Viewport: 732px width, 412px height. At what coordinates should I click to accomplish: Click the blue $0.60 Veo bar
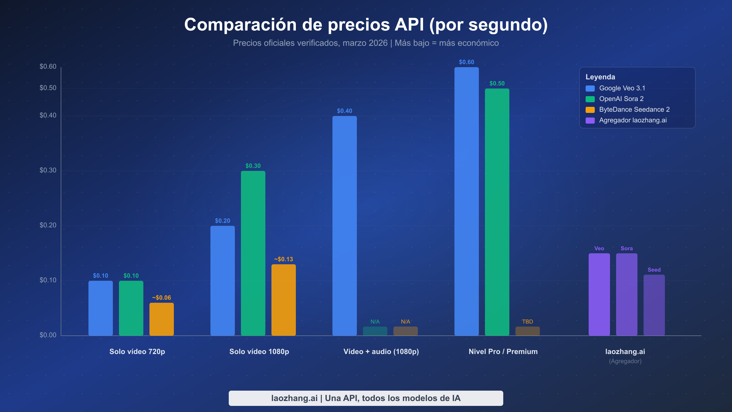466,201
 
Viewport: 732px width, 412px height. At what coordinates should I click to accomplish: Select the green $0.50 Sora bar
497,212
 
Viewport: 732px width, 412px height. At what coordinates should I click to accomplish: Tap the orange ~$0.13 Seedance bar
283,300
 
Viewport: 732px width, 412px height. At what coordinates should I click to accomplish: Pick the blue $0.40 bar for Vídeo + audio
344,226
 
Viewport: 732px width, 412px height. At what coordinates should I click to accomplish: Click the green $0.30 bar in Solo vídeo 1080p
253,253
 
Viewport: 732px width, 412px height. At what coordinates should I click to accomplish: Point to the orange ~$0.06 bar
161,319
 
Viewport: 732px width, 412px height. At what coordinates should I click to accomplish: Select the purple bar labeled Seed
654,305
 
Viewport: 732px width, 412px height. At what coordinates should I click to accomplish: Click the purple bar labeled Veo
599,295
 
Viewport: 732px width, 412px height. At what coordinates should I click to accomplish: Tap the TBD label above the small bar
527,322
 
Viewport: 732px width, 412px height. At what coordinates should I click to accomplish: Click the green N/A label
375,322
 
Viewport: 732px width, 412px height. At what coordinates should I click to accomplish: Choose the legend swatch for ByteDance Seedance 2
590,110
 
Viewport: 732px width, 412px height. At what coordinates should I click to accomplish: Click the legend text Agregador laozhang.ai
633,120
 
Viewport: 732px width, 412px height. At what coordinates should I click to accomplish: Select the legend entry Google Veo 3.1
622,88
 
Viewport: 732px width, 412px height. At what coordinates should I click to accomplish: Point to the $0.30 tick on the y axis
48,170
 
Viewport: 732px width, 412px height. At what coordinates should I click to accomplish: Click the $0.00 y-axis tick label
48,335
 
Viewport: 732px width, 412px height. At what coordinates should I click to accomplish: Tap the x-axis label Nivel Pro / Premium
503,352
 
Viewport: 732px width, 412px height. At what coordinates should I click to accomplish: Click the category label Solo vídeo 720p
137,352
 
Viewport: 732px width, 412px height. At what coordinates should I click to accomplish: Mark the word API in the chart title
409,24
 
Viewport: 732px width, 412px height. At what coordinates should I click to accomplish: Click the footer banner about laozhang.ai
366,398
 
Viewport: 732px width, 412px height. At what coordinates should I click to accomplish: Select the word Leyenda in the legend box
600,77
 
